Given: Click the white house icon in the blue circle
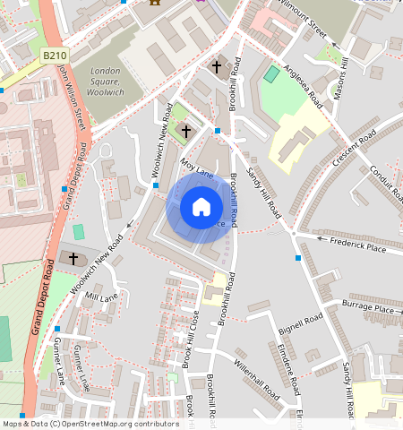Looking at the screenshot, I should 201,208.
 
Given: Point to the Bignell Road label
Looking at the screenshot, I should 299,319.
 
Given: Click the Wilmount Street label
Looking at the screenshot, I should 306,21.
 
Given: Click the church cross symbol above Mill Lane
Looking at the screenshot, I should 73,259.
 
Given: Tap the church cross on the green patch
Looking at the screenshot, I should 185,132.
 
